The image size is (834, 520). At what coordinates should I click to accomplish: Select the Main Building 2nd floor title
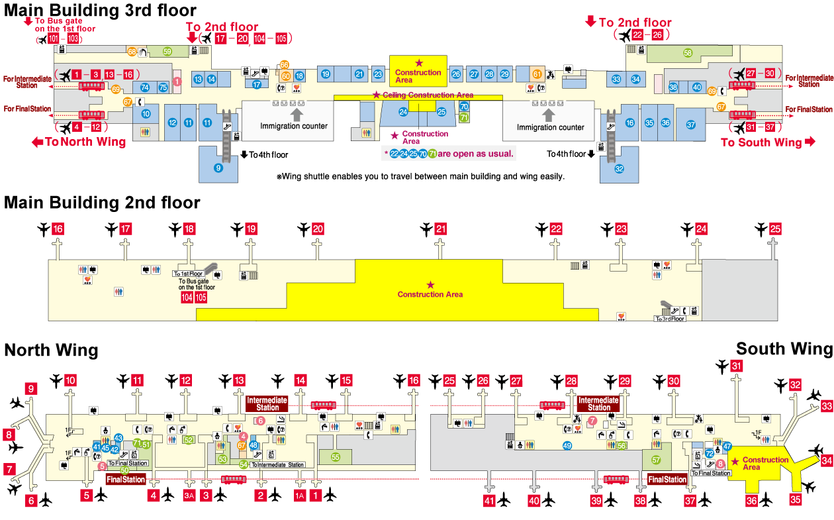click(102, 202)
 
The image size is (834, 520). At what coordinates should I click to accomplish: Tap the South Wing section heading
click(784, 349)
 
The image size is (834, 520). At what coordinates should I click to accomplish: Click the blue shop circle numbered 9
click(218, 168)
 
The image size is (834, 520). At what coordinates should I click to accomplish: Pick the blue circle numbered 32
click(619, 168)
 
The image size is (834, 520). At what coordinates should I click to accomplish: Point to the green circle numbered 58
click(688, 53)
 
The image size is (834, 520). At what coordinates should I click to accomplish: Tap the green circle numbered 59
click(167, 51)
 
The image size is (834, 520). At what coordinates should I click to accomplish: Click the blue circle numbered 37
click(690, 125)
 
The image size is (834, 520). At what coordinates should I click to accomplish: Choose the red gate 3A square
click(189, 495)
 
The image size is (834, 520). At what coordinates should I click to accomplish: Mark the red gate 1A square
click(300, 495)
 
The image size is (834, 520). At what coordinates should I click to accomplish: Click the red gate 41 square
click(488, 501)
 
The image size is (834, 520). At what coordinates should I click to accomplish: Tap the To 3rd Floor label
click(669, 319)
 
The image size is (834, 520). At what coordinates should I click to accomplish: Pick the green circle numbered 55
click(336, 456)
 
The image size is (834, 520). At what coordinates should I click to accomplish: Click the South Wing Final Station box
click(667, 479)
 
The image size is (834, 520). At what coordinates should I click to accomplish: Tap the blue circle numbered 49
click(567, 446)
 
